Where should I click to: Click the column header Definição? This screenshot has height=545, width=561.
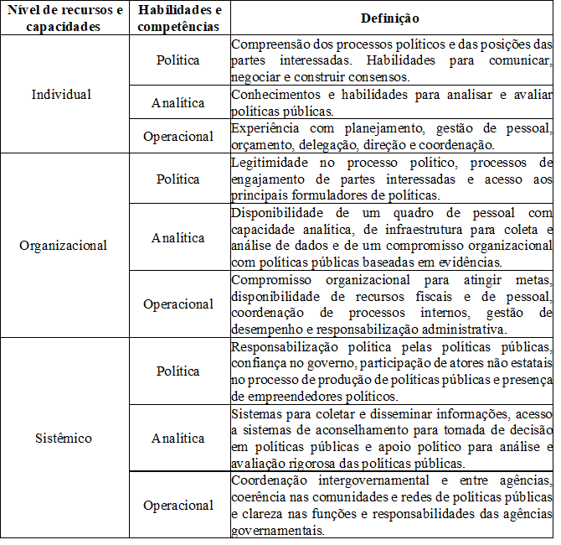click(390, 18)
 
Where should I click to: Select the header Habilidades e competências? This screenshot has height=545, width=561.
click(178, 18)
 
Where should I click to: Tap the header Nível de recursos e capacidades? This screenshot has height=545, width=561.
click(64, 18)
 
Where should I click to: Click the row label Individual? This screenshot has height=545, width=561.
click(61, 94)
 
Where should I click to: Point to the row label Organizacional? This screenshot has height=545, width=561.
click(64, 246)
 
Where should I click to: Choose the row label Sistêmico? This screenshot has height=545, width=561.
click(64, 439)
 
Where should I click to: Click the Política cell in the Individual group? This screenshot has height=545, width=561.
click(178, 60)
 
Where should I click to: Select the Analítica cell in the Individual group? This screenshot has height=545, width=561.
click(178, 103)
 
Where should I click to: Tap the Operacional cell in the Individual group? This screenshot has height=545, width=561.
click(178, 136)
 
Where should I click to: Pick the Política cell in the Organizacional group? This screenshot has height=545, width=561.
click(178, 179)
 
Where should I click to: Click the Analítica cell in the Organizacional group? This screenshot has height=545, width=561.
click(178, 237)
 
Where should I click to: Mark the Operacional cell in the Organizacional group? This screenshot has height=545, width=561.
click(178, 304)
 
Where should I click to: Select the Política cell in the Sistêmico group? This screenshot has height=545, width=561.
click(178, 371)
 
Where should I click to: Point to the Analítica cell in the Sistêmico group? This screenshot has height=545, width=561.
click(178, 439)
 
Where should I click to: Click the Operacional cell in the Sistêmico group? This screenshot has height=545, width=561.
click(178, 506)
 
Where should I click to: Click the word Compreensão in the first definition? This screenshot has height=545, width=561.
click(268, 44)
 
